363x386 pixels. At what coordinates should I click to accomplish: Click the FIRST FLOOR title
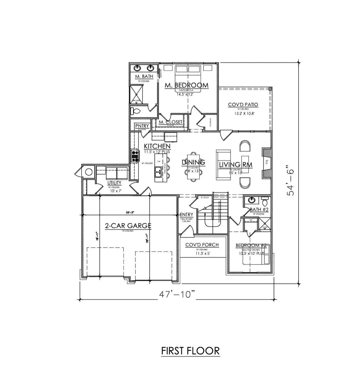(190, 351)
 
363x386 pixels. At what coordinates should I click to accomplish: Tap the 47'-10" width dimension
(177, 294)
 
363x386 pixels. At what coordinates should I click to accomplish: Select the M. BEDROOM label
(187, 85)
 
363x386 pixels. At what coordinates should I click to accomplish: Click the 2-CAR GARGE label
(128, 226)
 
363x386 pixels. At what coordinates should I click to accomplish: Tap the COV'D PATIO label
(243, 105)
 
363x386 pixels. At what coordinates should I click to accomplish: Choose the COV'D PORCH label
(202, 245)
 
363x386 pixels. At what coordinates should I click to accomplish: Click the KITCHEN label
(157, 146)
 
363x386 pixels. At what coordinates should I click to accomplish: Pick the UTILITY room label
(114, 183)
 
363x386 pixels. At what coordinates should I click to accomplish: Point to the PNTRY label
(142, 126)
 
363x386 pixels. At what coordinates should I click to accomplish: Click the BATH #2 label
(259, 210)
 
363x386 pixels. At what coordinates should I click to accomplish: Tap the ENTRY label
(187, 215)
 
